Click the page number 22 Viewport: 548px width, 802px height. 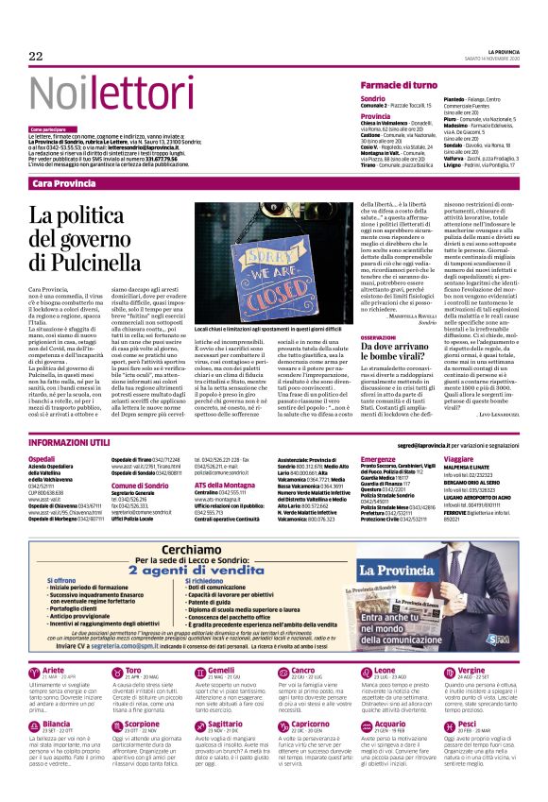coord(36,57)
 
